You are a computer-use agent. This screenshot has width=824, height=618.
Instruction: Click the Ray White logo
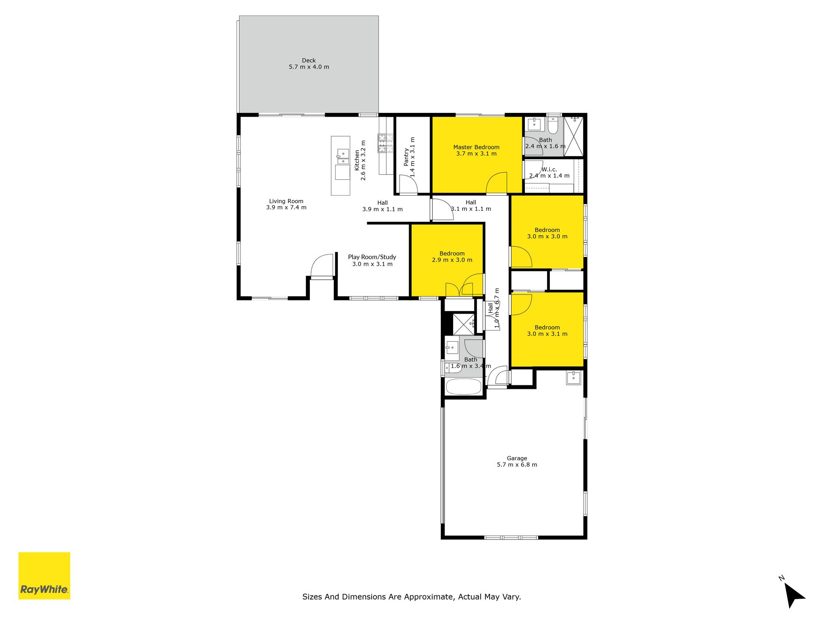click(44, 576)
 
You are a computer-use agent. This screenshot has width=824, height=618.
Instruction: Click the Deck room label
click(309, 61)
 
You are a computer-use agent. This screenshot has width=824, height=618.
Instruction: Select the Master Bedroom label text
click(476, 147)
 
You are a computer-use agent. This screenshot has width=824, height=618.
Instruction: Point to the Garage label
click(517, 458)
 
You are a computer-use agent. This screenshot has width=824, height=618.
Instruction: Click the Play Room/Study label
click(372, 257)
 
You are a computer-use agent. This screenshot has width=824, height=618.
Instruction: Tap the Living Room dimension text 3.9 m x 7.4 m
click(286, 208)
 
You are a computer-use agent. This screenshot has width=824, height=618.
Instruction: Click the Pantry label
click(406, 157)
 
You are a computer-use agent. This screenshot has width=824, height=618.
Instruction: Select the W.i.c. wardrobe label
click(549, 170)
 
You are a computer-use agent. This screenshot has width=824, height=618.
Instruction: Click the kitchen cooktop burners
click(385, 143)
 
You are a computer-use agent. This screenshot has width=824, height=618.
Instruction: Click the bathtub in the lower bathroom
click(463, 387)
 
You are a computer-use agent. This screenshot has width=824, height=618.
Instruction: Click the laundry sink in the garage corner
click(573, 378)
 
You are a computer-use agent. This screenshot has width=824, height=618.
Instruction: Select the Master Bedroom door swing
click(497, 183)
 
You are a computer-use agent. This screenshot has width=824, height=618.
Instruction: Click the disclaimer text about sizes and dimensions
click(412, 597)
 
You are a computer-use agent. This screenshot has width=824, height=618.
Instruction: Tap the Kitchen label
click(357, 160)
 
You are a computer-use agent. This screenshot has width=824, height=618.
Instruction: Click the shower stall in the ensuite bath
click(573, 136)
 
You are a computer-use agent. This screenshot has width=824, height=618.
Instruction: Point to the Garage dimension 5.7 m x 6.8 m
click(517, 465)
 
